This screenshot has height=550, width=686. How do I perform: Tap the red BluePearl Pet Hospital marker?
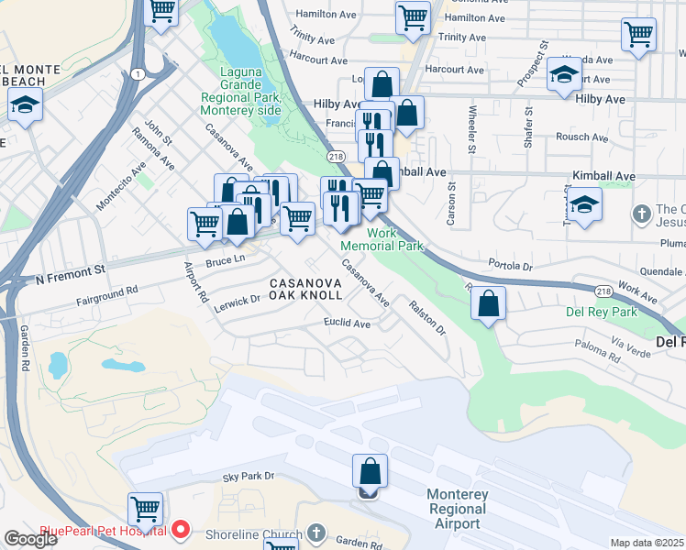tap(181, 530)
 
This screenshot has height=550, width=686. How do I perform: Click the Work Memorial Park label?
tap(382, 239)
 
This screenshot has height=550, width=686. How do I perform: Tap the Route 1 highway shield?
tap(137, 73)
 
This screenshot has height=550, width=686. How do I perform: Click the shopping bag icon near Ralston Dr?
tap(490, 304)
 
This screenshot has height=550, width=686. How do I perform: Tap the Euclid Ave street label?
tap(347, 324)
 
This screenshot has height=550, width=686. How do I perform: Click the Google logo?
tap(30, 539)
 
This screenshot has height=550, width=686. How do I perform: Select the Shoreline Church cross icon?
tap(315, 533)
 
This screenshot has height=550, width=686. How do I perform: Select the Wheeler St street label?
tap(471, 129)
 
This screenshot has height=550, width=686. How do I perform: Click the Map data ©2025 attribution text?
tap(647, 543)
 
